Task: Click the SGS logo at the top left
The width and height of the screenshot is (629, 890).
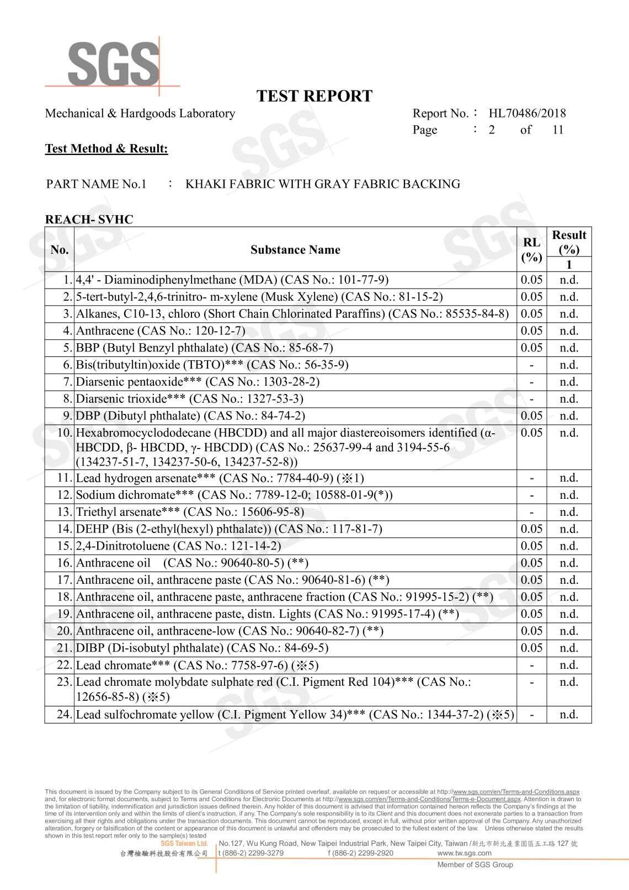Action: (113, 64)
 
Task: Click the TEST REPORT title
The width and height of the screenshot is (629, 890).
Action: (314, 96)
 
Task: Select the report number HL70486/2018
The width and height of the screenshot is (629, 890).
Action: (527, 114)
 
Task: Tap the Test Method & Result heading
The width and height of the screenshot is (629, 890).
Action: (106, 148)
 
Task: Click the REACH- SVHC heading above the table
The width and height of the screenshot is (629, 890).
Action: (89, 220)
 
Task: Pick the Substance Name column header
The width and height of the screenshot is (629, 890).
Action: (295, 250)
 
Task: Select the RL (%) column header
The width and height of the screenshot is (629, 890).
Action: (531, 250)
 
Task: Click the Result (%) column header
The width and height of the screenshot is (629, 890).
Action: (569, 242)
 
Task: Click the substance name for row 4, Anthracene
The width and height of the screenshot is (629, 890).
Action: (160, 331)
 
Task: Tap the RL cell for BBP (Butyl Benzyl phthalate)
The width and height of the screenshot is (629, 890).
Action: (531, 348)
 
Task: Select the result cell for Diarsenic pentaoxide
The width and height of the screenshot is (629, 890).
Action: (569, 382)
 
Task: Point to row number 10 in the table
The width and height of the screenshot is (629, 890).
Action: (65, 433)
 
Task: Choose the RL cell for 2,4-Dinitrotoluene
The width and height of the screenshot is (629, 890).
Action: (531, 546)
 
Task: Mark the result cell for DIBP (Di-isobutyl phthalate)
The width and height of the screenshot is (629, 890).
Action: (569, 648)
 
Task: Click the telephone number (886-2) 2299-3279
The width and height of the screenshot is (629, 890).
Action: (252, 853)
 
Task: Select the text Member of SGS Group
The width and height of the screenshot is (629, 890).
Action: (475, 865)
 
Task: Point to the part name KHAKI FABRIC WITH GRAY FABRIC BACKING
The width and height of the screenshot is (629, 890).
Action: (323, 184)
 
